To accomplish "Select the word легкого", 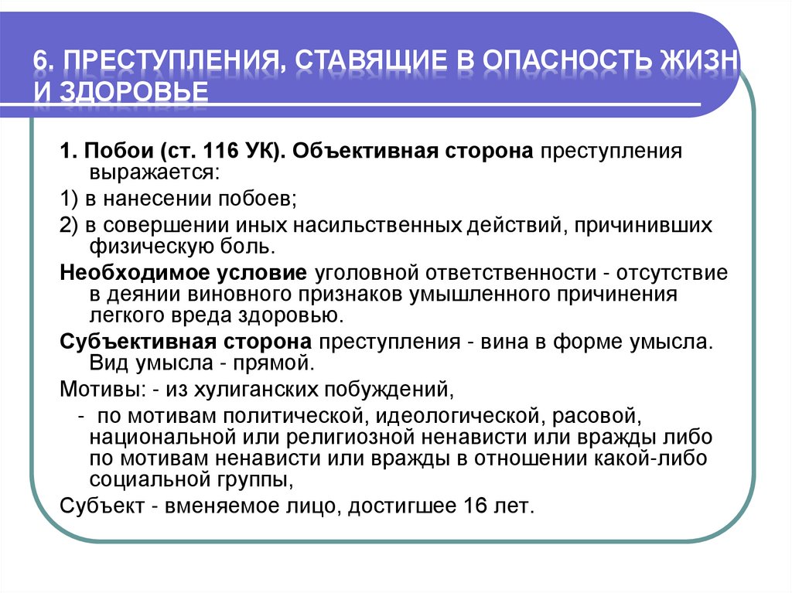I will pyautogui.click(x=127, y=315).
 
